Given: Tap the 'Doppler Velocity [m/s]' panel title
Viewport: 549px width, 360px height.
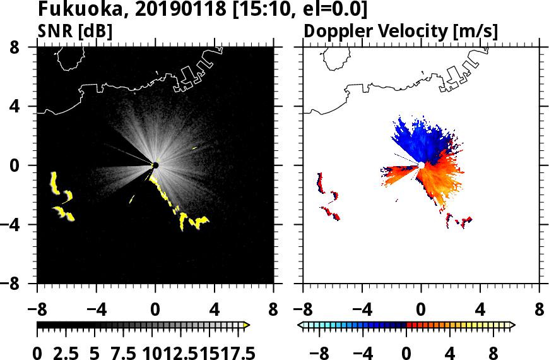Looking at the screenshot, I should coord(401,30).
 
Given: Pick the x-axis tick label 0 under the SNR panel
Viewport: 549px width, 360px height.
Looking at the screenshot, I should coord(155,311).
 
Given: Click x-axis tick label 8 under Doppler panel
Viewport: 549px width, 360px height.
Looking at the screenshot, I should coord(539,311).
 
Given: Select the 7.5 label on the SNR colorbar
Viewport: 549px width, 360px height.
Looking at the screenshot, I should coord(119,352).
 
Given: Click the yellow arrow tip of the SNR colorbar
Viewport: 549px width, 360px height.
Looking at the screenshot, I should coord(247,325).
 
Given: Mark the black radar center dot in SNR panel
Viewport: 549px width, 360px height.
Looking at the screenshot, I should coord(155,165).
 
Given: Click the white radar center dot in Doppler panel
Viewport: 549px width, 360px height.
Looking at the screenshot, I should coord(421,165).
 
